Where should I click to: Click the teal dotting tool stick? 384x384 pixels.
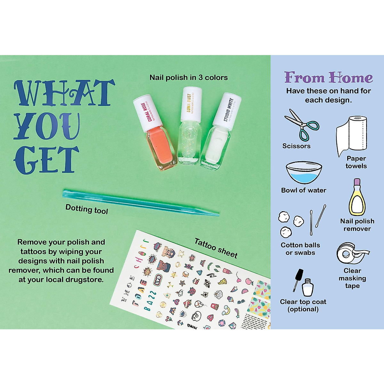[141, 202]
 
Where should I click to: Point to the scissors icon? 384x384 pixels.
[301, 124]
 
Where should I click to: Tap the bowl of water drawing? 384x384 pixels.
[303, 172]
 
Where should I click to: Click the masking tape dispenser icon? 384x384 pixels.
[351, 253]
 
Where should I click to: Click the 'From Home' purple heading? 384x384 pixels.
[329, 77]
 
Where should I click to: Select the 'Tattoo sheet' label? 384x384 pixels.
[216, 248]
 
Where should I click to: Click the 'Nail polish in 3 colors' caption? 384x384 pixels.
[188, 77]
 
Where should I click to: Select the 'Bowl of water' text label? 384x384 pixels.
[303, 190]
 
